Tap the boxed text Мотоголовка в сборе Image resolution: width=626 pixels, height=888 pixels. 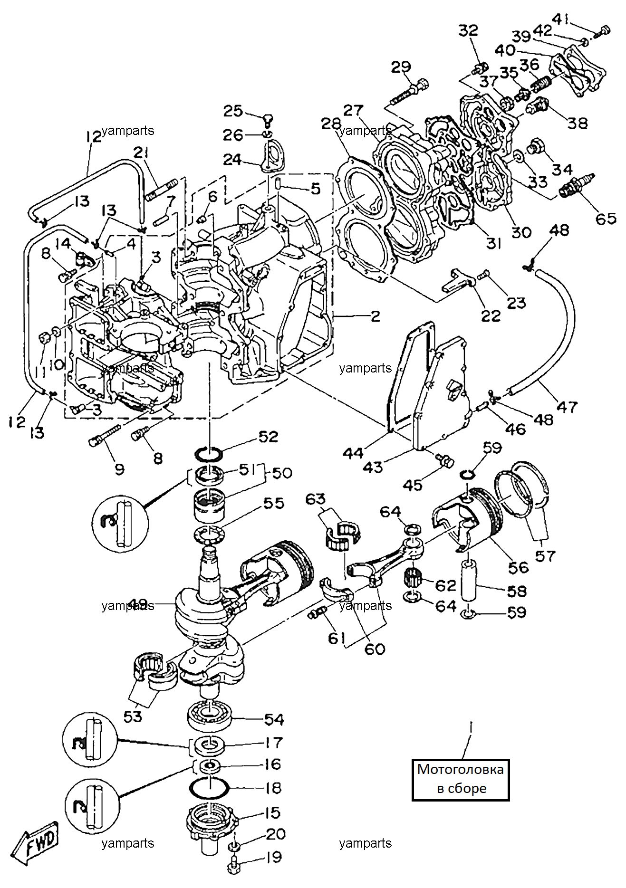pyautogui.click(x=460, y=779)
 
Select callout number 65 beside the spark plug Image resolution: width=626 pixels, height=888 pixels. pyautogui.click(x=606, y=219)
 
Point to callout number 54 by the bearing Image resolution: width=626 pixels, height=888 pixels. pyautogui.click(x=274, y=719)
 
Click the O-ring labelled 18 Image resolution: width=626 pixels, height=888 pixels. pyautogui.click(x=209, y=789)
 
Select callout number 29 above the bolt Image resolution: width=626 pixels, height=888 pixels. pyautogui.click(x=401, y=67)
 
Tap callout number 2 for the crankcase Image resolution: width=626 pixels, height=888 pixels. pyautogui.click(x=376, y=316)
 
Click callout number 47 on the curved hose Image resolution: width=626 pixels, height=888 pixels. pyautogui.click(x=567, y=407)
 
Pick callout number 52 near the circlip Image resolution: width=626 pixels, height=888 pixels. pyautogui.click(x=268, y=437)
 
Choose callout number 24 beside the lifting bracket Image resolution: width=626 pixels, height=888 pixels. pyautogui.click(x=232, y=159)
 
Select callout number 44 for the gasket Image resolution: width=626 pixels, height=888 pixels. pyautogui.click(x=353, y=453)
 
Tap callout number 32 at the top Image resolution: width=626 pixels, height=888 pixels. pyautogui.click(x=468, y=30)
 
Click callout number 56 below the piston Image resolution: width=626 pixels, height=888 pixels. pyautogui.click(x=518, y=567)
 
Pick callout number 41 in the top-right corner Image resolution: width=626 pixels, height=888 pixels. pyautogui.click(x=561, y=19)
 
